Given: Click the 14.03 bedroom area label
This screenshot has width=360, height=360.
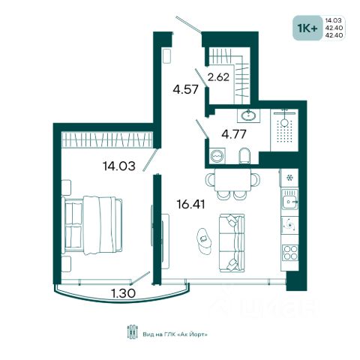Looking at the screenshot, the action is (x=119, y=166).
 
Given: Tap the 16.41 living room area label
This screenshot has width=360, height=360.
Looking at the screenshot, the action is (x=190, y=204).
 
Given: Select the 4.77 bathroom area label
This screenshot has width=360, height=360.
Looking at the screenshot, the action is (x=234, y=134).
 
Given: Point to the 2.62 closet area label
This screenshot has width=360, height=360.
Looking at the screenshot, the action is (x=218, y=77).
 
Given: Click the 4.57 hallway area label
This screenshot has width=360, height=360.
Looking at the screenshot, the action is (x=186, y=89).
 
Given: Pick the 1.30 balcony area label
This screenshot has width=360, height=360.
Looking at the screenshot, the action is (x=124, y=293).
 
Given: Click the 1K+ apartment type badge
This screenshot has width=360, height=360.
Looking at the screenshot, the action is (x=307, y=28).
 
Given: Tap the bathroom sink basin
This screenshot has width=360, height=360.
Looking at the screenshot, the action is (x=248, y=115).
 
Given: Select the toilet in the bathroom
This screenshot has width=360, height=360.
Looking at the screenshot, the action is (x=244, y=156).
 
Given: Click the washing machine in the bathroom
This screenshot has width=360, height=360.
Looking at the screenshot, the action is (x=217, y=156).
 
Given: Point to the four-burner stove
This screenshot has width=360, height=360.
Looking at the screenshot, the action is (x=290, y=253).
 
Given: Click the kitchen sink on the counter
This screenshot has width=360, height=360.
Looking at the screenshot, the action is (x=290, y=199).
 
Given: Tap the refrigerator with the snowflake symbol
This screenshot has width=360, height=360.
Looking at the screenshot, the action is (x=289, y=178).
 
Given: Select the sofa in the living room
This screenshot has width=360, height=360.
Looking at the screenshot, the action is (x=232, y=243).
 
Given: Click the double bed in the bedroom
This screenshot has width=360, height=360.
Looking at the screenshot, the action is (x=92, y=226).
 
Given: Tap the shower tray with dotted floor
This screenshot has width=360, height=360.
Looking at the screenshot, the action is (x=284, y=130).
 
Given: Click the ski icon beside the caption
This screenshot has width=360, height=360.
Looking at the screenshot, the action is (x=133, y=331).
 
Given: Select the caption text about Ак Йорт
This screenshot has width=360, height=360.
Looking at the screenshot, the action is (x=175, y=334).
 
